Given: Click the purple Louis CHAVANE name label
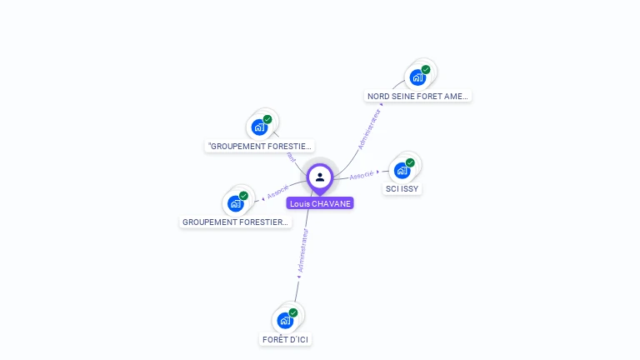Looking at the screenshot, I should (320, 203).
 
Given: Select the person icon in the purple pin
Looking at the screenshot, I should (320, 177).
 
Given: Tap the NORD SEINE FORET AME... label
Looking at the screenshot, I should (418, 97).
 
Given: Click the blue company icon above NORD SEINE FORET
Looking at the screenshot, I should (417, 78).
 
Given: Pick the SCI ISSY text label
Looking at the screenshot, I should (402, 189).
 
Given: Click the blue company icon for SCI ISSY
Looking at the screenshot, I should (402, 171).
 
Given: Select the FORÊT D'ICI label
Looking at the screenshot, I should (286, 340).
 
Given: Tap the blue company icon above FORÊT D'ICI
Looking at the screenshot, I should (285, 321).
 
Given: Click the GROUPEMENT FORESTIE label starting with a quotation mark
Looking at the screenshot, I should (260, 147).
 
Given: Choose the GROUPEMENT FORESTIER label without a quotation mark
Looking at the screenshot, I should (236, 222).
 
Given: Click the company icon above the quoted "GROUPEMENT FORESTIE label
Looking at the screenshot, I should (259, 127).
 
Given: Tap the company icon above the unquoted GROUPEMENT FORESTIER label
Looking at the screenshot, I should (235, 203).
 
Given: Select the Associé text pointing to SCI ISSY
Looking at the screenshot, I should (362, 175).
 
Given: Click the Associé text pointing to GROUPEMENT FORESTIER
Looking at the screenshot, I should (277, 192).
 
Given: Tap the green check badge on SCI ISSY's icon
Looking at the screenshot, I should (410, 162).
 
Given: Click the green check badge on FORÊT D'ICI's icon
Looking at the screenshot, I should (293, 312).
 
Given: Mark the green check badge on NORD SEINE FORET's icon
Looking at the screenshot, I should (426, 70).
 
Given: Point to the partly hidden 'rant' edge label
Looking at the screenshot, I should (291, 157).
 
